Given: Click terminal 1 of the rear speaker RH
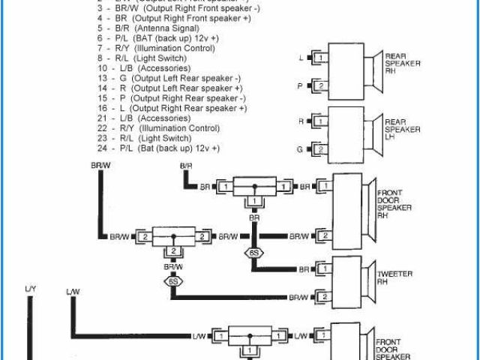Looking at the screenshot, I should coord(319,58).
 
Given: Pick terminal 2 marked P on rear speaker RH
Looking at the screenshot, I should coord(319,86).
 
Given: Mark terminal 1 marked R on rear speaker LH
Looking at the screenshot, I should coord(319,121).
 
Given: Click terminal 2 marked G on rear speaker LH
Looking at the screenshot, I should coord(319,149).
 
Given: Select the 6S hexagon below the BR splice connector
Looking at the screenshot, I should coord(254,253).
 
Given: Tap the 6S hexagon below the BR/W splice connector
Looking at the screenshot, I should coord(174,282).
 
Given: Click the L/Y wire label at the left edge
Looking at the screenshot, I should coord(31,289).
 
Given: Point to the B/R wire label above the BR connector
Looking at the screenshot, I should coord(187,165).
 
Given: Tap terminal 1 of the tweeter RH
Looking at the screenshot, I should coord(320,268).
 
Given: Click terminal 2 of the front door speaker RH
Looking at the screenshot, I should coord(323,236).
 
